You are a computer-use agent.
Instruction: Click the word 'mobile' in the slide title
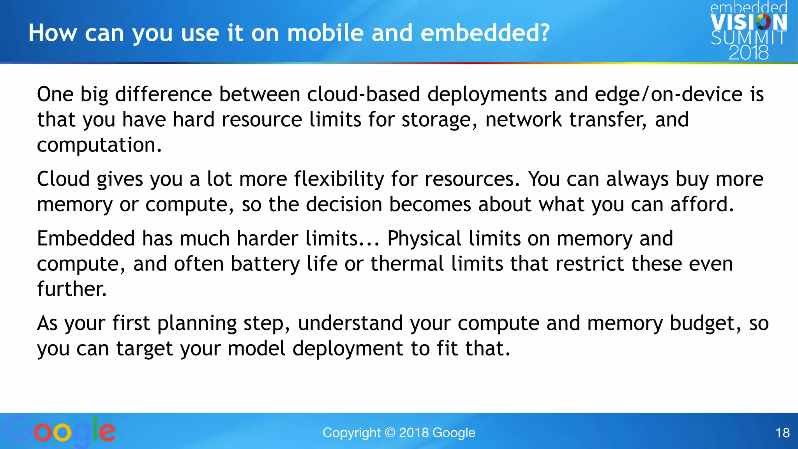coord(325,33)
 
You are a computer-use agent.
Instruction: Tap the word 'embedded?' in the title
coord(485,33)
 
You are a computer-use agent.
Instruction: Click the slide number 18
coord(782,433)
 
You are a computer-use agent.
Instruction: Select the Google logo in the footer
coord(60,431)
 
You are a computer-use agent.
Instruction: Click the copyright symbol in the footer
coord(390,433)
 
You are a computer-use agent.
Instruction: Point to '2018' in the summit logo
coord(749,53)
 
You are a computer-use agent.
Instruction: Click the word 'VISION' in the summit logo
coord(749,23)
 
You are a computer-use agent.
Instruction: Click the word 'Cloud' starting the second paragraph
coord(63,179)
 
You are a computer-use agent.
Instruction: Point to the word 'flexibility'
coord(339,179)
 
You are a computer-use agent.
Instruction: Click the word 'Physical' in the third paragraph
coord(424,239)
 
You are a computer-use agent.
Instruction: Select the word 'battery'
coord(265,264)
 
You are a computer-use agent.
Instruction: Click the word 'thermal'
coord(407,264)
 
